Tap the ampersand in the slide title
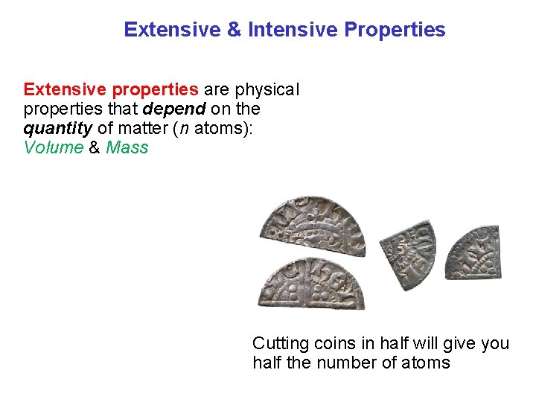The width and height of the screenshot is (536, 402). click(x=234, y=30)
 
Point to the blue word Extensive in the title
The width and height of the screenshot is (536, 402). click(x=173, y=30)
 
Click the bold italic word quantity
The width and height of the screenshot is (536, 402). click(x=57, y=129)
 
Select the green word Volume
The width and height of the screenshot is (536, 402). click(x=54, y=147)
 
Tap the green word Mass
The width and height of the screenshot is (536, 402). click(x=127, y=147)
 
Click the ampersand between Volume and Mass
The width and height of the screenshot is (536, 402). click(x=95, y=147)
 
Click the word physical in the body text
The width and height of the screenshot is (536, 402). click(x=267, y=90)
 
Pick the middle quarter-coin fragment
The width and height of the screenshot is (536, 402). click(x=408, y=252)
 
